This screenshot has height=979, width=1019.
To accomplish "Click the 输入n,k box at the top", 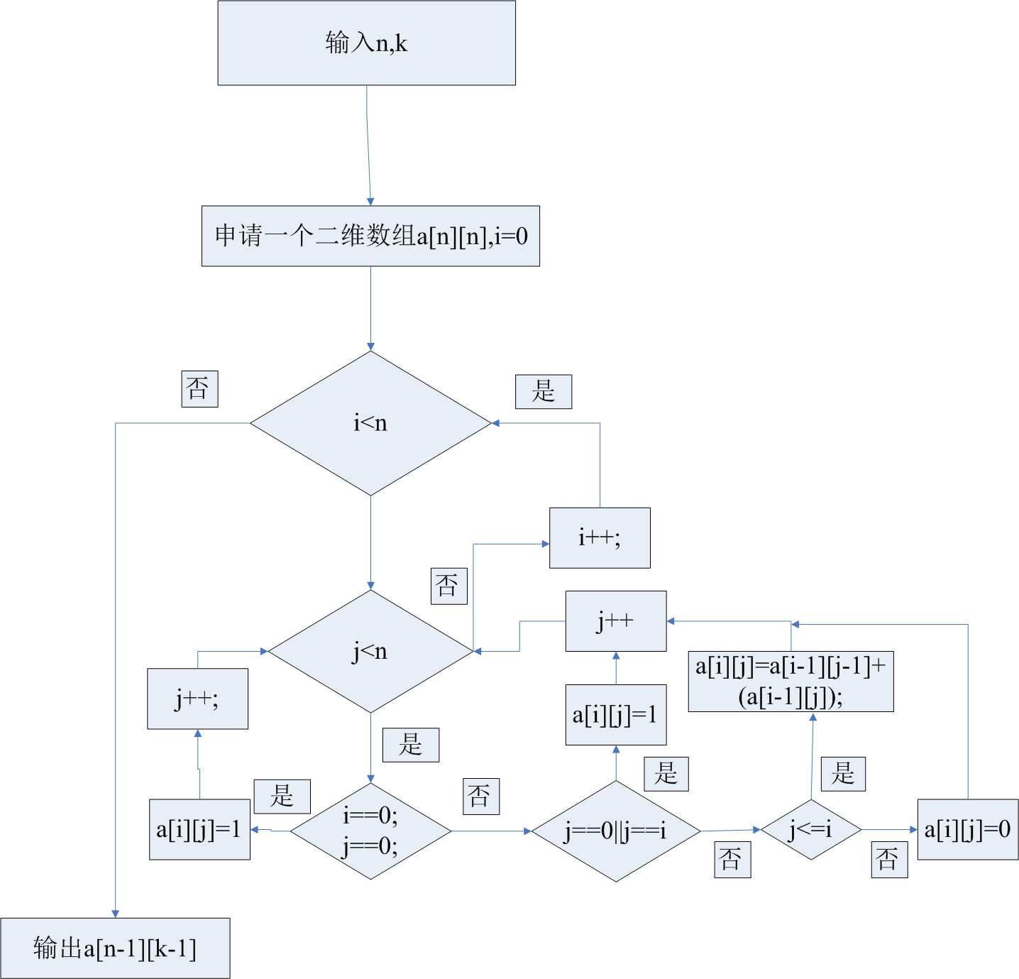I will tap(366, 43).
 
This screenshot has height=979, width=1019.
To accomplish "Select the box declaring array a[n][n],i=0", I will tap(370, 236).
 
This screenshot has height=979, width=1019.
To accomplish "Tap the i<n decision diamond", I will tap(370, 423).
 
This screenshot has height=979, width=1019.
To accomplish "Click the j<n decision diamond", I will tap(370, 651).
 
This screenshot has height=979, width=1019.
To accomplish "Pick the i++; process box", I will tap(600, 537).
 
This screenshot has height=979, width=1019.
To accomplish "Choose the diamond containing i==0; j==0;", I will tap(370, 831).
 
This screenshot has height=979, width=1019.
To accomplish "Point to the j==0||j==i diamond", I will tap(616, 831).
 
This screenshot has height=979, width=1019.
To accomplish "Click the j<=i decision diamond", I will tap(811, 829).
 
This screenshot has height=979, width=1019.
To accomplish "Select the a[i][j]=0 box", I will tap(967, 829).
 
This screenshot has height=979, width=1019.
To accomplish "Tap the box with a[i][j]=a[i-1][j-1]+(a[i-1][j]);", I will tap(791, 681).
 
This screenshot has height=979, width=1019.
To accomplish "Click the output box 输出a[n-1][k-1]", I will tap(115, 948).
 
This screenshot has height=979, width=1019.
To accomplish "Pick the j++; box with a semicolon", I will tap(197, 699).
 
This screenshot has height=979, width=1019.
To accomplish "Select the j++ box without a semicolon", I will tap(615, 620).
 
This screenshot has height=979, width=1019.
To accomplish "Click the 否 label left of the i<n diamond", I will tap(199, 388).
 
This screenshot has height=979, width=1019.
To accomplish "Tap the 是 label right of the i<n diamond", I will tap(544, 391).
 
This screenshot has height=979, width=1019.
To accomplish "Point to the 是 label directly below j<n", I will tap(411, 745).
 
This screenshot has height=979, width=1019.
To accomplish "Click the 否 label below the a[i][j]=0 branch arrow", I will tap(889, 860).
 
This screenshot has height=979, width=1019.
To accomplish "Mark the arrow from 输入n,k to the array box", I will tap(368, 146).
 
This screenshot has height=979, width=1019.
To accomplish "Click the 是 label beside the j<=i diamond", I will tap(843, 774).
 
